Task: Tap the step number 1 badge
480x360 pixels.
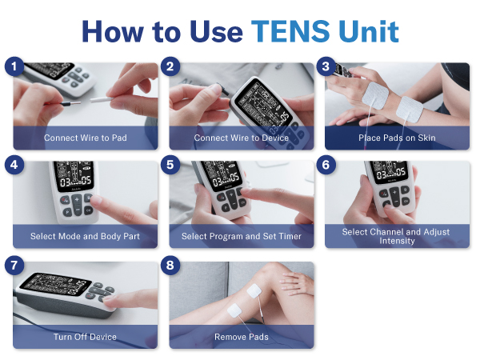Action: [x=12, y=66]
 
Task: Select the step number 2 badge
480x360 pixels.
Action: [x=169, y=66]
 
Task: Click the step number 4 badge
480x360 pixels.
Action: [x=12, y=165]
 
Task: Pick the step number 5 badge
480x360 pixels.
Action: [x=169, y=165]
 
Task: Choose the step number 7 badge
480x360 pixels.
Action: [x=12, y=265]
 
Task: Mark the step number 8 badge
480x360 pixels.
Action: [x=169, y=265]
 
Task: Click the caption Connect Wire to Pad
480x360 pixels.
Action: [x=85, y=138]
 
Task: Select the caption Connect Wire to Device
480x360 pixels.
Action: [x=242, y=138]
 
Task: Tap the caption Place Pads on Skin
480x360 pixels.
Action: [x=397, y=138]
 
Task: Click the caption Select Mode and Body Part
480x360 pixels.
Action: [x=85, y=237]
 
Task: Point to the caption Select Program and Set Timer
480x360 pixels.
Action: [x=242, y=237]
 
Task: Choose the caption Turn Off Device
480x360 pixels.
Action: [x=85, y=337]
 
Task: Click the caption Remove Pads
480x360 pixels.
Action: [x=242, y=337]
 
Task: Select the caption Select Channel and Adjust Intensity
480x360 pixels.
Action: [x=397, y=236]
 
